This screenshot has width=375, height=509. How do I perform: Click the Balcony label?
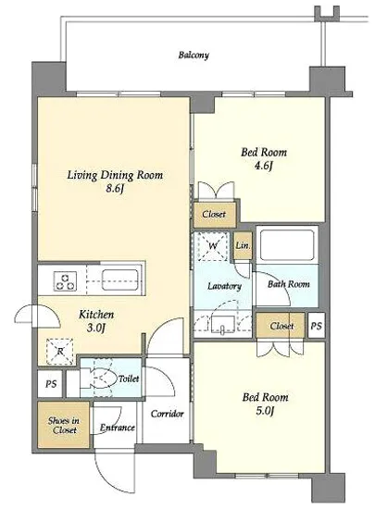click(x=194, y=55)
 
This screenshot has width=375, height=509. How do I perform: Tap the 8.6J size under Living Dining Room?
click(x=115, y=188)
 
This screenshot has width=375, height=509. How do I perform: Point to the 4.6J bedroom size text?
click(x=263, y=166)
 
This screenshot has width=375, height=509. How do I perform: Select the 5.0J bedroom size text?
click(x=265, y=411)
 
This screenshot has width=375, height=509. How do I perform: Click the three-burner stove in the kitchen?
click(x=66, y=280)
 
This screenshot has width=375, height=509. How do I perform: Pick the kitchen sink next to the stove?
click(x=120, y=279)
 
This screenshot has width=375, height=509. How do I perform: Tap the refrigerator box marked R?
click(x=60, y=352)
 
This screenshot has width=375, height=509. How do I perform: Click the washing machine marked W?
click(x=212, y=246)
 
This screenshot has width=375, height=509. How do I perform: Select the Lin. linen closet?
click(x=243, y=245)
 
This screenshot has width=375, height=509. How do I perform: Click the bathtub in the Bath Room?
click(x=287, y=244)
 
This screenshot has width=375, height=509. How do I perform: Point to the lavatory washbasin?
click(x=222, y=324)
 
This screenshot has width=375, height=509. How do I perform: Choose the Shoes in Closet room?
click(x=64, y=425)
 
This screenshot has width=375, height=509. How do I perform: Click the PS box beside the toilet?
click(x=50, y=384)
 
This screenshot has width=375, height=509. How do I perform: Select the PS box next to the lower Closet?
click(x=316, y=326)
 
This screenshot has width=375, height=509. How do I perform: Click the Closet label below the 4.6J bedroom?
click(x=214, y=215)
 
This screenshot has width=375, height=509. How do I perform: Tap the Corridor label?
click(x=168, y=414)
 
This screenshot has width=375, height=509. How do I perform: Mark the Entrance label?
click(x=118, y=428)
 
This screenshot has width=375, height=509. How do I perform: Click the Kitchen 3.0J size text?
click(x=96, y=328)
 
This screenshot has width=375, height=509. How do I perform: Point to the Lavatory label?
click(x=224, y=286)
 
